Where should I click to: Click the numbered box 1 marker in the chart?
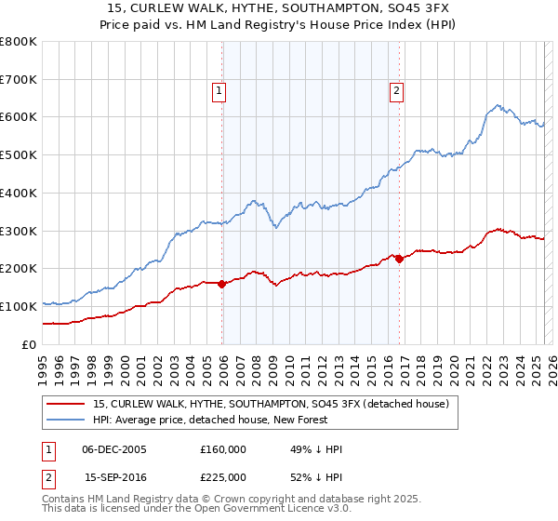pyautogui.click(x=219, y=90)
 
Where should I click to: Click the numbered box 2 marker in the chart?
pyautogui.click(x=396, y=90)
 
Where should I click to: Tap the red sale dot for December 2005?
pyautogui.click(x=222, y=284)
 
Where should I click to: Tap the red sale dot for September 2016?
pyautogui.click(x=399, y=259)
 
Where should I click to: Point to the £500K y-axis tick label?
pyautogui.click(x=19, y=155)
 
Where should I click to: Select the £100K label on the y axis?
pyautogui.click(x=19, y=306)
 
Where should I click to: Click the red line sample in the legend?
pyautogui.click(x=66, y=404)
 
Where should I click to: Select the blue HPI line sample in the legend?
pyautogui.click(x=66, y=420)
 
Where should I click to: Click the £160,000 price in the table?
pyautogui.click(x=223, y=449)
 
